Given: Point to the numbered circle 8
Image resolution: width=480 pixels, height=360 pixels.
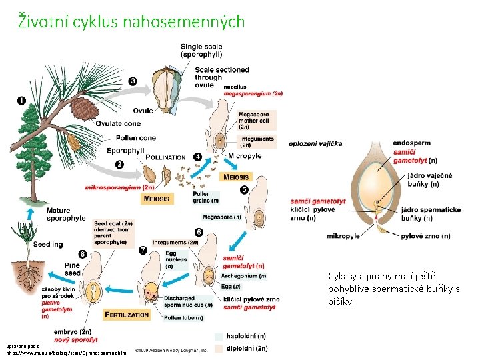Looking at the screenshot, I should click(x=82, y=253).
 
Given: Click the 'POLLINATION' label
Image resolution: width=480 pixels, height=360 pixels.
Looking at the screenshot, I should click(x=165, y=157).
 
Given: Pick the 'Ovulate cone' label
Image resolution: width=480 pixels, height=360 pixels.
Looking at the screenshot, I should click(x=118, y=123).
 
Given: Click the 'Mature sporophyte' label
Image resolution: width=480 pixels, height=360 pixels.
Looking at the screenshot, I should click(x=66, y=215).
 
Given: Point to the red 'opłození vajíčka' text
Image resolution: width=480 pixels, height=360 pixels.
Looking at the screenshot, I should click(x=315, y=143).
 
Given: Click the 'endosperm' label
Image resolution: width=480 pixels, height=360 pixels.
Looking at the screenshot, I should click(x=411, y=143).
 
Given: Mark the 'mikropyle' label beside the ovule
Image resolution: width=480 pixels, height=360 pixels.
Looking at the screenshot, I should click(x=343, y=235).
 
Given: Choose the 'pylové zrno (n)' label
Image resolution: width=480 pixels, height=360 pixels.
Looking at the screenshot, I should click(x=427, y=235).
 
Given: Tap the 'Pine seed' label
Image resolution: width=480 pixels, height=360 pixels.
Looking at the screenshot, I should click(x=72, y=269).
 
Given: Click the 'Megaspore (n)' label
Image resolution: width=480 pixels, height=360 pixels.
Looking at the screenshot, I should click(x=222, y=217).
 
